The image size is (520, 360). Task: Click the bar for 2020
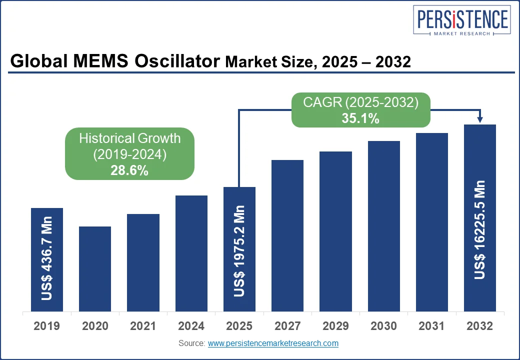click(95, 269)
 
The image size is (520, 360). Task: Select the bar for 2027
click(287, 235)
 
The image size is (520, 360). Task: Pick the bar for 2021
click(143, 262)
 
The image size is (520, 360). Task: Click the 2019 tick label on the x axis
click(46, 326)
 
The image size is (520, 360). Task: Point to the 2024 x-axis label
click(191, 326)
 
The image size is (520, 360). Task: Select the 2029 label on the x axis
click(335, 326)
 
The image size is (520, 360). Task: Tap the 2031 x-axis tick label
click(432, 326)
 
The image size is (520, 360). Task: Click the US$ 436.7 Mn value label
click(47, 258)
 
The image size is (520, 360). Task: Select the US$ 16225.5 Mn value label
click(480, 229)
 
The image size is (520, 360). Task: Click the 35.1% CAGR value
click(360, 119)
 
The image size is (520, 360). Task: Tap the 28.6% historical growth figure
click(129, 170)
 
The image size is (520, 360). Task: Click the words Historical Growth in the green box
click(129, 138)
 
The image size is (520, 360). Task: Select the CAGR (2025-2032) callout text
click(360, 102)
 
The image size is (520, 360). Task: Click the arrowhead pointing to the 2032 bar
click(480, 119)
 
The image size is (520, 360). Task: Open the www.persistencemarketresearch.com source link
click(273, 343)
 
